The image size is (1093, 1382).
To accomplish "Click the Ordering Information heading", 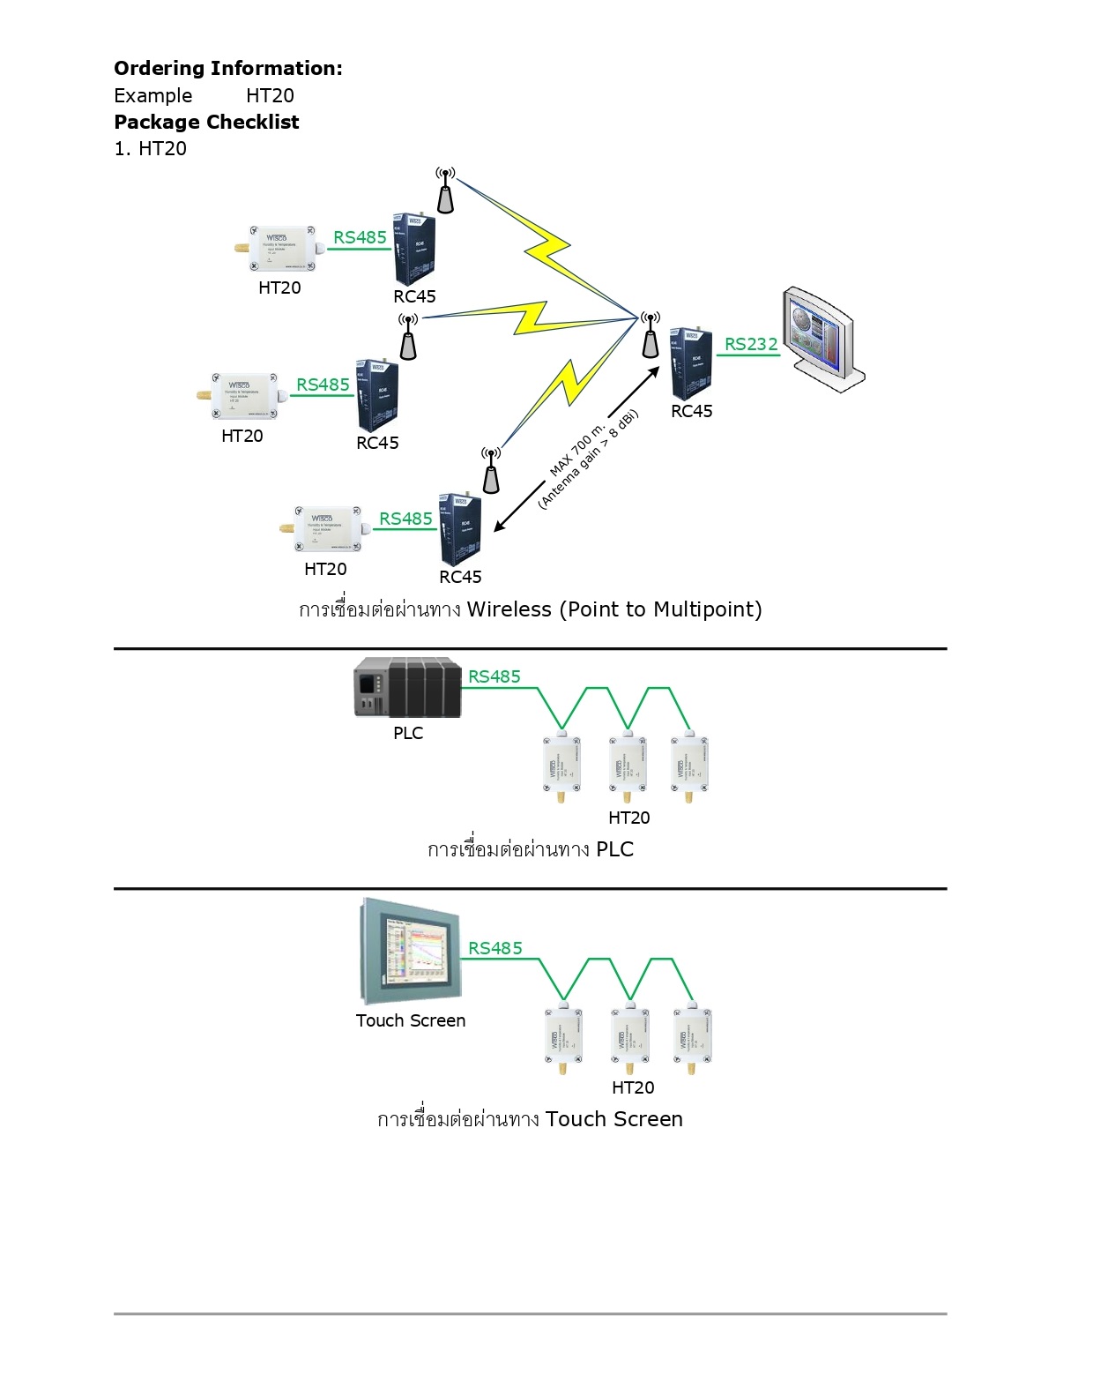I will pyautogui.click(x=227, y=69).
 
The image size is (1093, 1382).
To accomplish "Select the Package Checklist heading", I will pyautogui.click(x=206, y=123).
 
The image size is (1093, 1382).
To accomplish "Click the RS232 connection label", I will pyautogui.click(x=751, y=344).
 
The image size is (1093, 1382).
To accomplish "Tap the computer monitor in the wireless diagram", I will pyautogui.click(x=822, y=337).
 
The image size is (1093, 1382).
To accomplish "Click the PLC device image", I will pyautogui.click(x=407, y=688).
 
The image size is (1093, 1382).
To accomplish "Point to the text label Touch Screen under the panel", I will pyautogui.click(x=411, y=1020).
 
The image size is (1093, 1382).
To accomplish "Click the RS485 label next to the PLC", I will pyautogui.click(x=494, y=676).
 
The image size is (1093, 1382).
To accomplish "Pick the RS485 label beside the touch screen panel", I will pyautogui.click(x=495, y=948).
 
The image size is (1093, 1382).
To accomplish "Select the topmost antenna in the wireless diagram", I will pyautogui.click(x=446, y=190).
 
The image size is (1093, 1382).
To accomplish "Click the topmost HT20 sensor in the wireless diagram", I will pyautogui.click(x=278, y=249).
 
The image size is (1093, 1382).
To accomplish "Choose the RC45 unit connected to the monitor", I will pyautogui.click(x=691, y=362).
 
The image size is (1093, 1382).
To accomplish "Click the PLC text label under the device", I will pyautogui.click(x=408, y=733).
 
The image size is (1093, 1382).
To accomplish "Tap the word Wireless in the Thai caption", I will pyautogui.click(x=509, y=609).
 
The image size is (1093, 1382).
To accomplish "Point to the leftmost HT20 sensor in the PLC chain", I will pyautogui.click(x=561, y=765).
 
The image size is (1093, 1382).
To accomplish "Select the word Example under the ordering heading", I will pyautogui.click(x=153, y=96).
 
